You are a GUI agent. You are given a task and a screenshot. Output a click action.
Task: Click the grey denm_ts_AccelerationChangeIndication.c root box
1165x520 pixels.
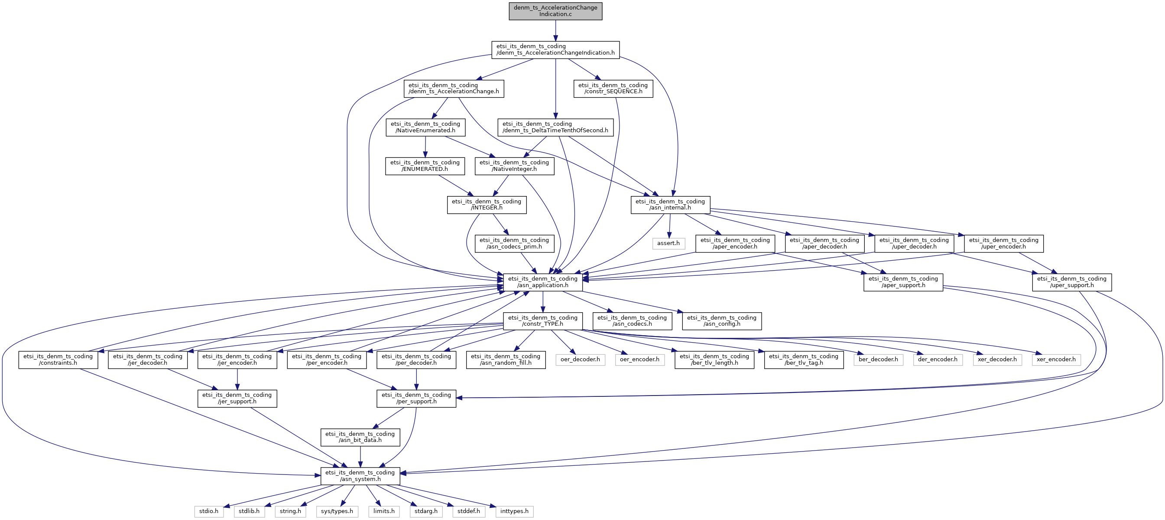555,11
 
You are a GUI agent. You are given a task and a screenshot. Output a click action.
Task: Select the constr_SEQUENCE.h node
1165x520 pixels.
613,88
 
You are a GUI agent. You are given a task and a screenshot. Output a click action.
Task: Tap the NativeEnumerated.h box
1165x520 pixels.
425,127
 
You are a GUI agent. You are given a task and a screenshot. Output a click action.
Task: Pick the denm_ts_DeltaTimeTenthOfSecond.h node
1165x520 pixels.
555,127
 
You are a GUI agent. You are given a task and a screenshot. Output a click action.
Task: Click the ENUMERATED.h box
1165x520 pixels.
425,166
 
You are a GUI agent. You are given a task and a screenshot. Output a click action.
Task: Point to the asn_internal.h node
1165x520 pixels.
670,205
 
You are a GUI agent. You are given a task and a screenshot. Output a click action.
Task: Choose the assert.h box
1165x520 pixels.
668,243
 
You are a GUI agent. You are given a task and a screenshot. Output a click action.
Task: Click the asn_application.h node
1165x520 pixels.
543,282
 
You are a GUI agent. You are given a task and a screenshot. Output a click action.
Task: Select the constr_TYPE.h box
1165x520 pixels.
543,321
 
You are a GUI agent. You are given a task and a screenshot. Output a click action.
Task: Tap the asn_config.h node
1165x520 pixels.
721,321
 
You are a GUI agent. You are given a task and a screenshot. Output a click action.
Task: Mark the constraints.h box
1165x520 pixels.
58,360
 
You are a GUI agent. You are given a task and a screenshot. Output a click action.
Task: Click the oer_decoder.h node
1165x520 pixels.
580,360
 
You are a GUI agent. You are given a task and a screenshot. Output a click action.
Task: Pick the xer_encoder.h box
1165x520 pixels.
1056,360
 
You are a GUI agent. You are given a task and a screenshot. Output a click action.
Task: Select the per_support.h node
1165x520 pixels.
416,398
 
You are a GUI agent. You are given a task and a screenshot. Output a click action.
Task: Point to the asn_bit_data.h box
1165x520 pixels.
360,437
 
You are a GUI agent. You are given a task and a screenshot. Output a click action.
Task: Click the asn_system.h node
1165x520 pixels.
360,476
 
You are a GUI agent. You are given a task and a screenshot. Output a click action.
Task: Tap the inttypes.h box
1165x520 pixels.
514,511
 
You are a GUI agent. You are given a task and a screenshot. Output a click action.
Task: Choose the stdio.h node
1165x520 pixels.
208,511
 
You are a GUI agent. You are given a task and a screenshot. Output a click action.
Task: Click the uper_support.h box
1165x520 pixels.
1071,282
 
